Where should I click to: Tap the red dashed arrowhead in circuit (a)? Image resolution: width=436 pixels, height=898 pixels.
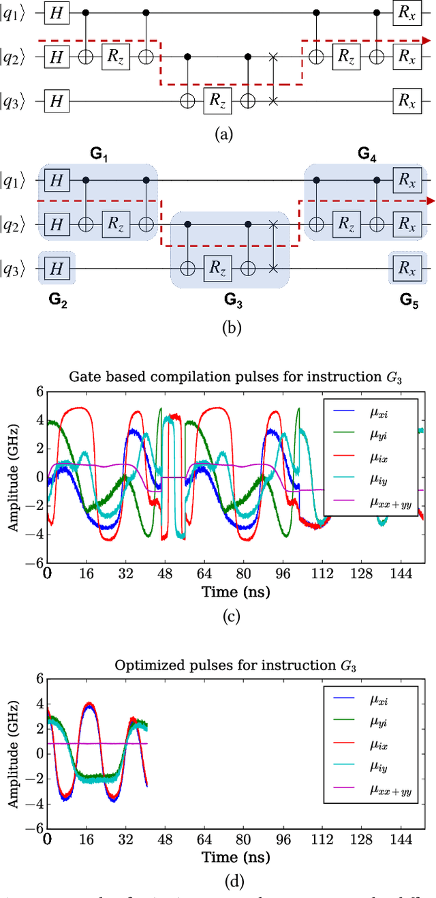pyautogui.click(x=426, y=40)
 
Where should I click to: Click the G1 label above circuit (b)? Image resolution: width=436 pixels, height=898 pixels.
pyautogui.click(x=99, y=155)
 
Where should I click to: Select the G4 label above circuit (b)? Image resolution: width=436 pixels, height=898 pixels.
pyautogui.click(x=368, y=155)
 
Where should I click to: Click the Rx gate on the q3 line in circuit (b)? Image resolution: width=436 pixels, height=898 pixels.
pyautogui.click(x=407, y=269)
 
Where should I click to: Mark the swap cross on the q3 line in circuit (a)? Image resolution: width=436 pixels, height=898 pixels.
pyautogui.click(x=274, y=101)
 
